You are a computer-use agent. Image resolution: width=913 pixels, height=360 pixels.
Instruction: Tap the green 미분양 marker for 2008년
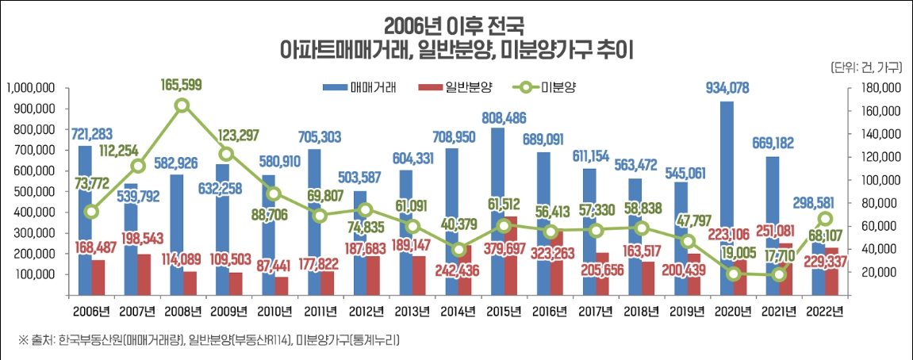182,105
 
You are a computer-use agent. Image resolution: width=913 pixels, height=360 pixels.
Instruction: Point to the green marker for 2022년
826,219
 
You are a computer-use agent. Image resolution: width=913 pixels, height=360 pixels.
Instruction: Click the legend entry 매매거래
355,86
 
